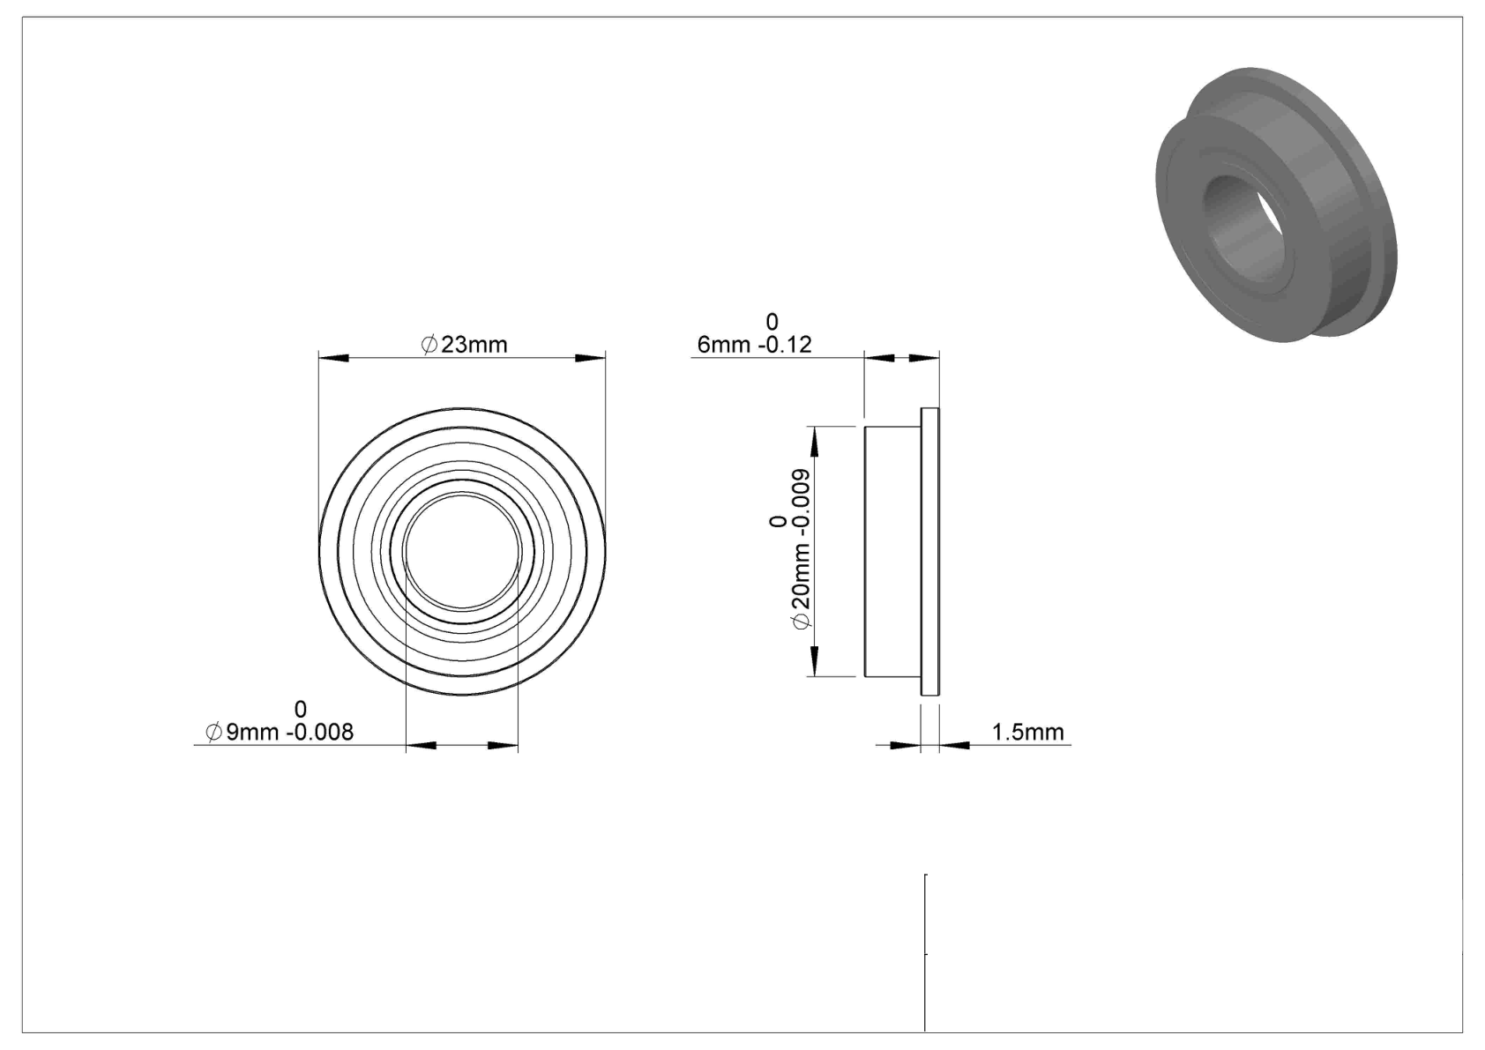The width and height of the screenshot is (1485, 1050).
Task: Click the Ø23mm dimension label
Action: click(x=464, y=345)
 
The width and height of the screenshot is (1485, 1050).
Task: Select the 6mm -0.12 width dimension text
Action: click(x=755, y=345)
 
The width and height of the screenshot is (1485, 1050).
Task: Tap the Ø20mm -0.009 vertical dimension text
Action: click(x=800, y=549)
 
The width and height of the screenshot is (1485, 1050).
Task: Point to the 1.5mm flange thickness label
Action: click(x=1027, y=733)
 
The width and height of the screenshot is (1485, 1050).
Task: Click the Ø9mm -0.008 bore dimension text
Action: click(x=280, y=733)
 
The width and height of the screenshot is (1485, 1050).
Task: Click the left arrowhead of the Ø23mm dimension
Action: click(x=333, y=359)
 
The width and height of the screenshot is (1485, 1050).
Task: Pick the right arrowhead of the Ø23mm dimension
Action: click(x=591, y=359)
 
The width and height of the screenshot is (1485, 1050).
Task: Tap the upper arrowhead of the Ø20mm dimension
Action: click(x=815, y=442)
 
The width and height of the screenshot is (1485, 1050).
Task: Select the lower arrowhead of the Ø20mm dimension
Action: click(x=815, y=661)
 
